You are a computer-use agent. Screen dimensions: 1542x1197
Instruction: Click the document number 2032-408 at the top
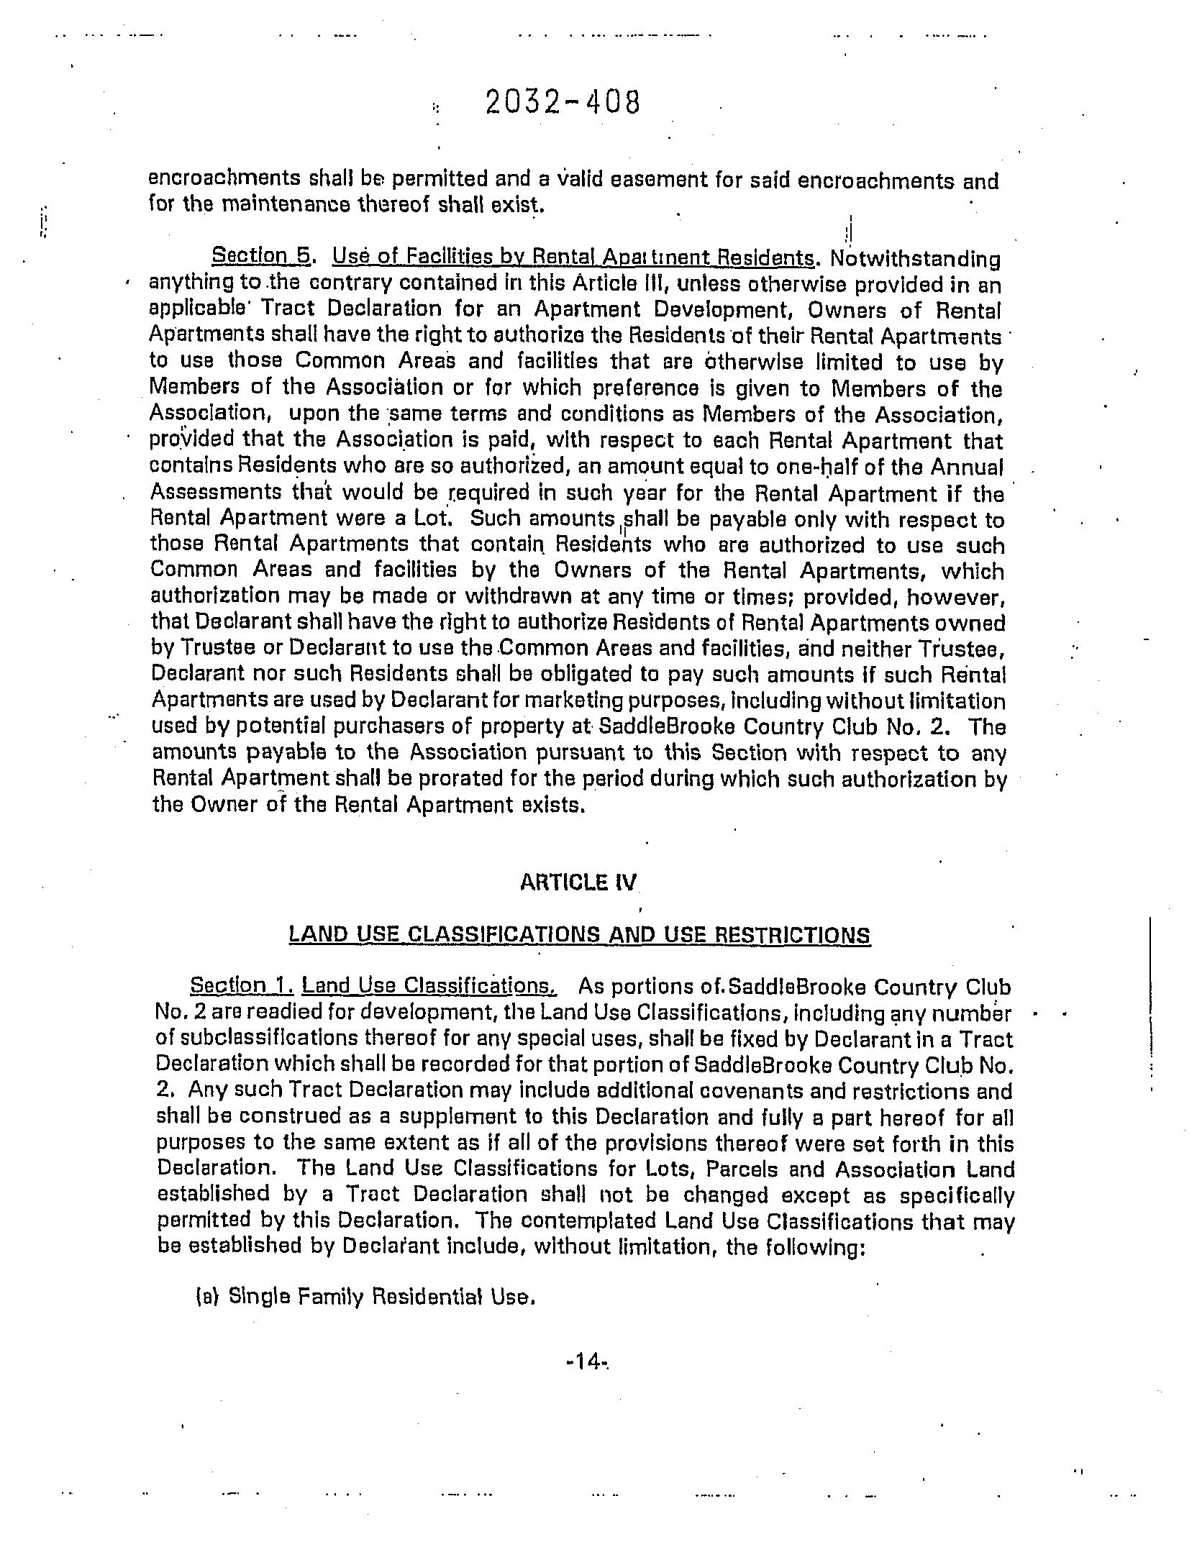(562, 104)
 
